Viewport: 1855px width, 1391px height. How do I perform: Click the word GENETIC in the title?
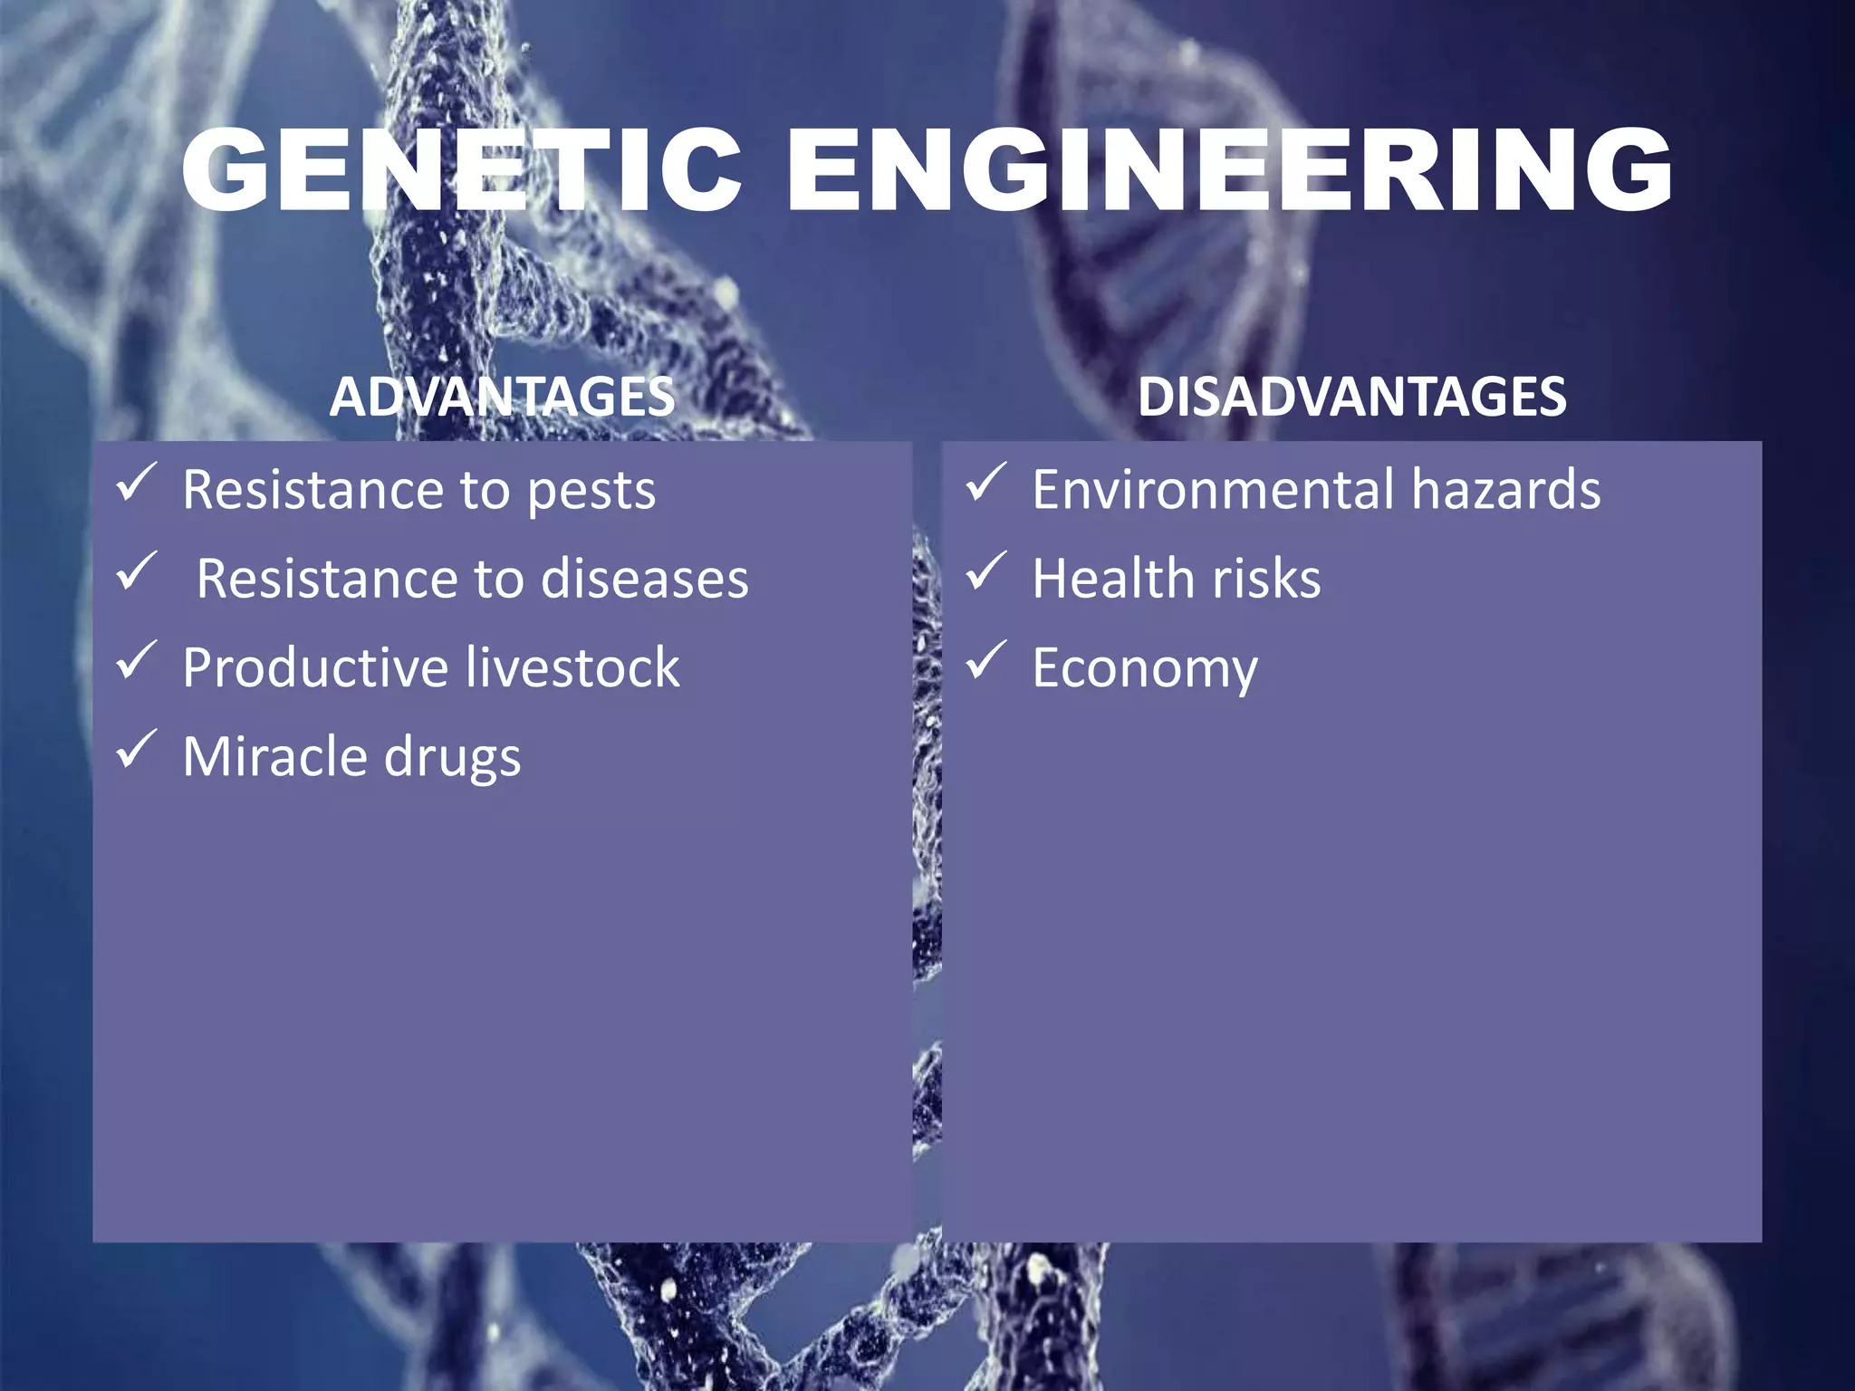(462, 170)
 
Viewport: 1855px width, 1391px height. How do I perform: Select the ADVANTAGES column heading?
(503, 397)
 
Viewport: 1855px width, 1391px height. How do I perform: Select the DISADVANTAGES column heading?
(1351, 397)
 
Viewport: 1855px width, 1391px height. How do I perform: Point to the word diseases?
(645, 580)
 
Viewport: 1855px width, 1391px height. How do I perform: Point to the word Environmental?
(1213, 491)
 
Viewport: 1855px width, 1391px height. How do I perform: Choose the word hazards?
(1505, 491)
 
